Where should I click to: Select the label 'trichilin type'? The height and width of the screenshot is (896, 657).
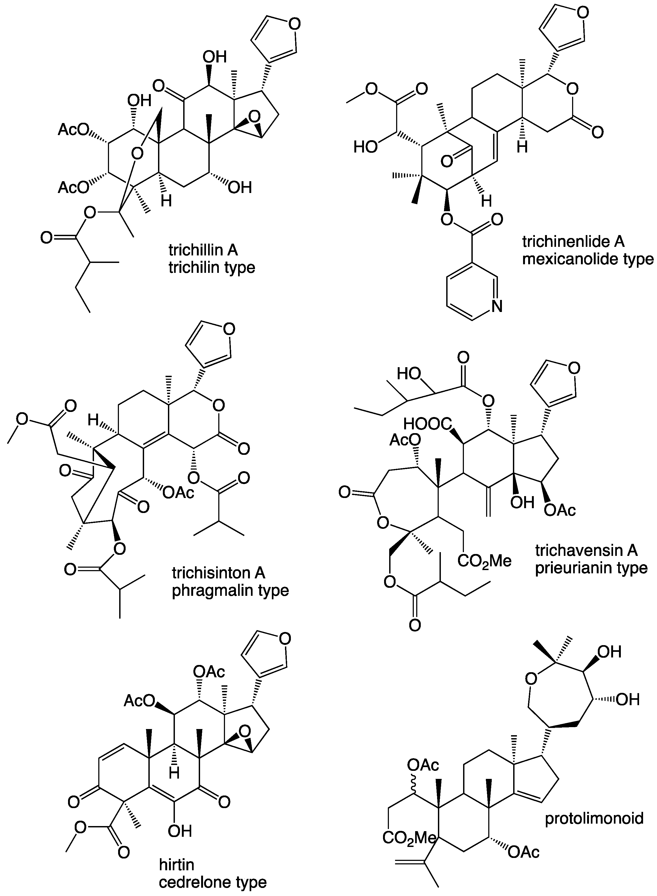click(212, 267)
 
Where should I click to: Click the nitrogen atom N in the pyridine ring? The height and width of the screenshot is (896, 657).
click(497, 306)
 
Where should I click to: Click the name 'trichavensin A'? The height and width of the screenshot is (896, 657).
click(586, 550)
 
